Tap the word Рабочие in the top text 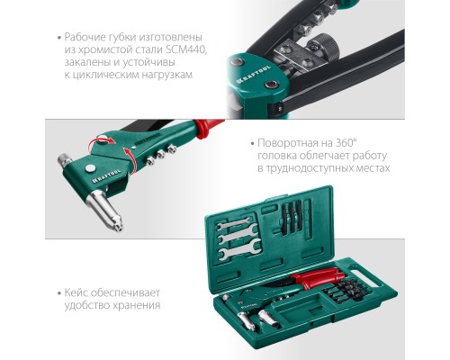tap(88, 36)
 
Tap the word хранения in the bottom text tap(138, 305)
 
